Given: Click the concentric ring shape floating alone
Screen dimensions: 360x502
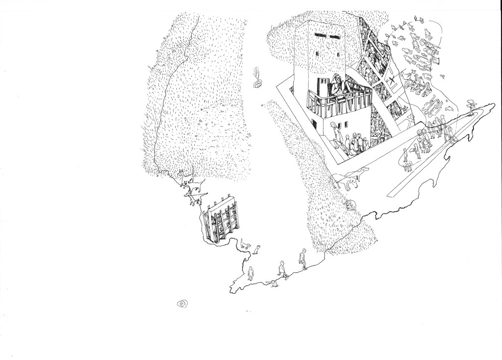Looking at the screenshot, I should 182,304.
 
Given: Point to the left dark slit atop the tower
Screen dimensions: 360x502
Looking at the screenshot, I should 321,35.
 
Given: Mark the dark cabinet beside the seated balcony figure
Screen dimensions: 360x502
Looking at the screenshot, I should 324,88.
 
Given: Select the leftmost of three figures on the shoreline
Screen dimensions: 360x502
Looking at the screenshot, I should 251,273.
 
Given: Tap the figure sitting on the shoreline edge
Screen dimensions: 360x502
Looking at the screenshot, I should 282,269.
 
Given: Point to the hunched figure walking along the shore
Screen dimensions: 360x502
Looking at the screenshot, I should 304,258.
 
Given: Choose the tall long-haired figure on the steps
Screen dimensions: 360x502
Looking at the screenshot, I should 334,134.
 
